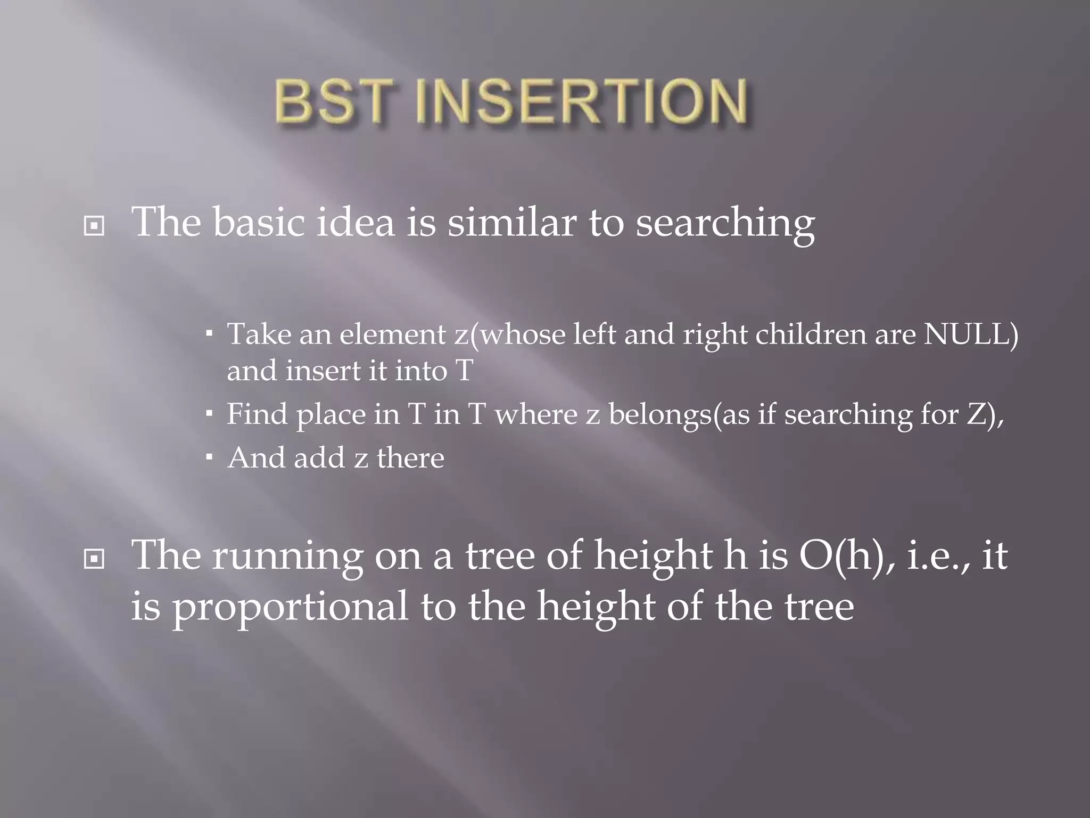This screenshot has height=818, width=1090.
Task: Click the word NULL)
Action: [x=971, y=334]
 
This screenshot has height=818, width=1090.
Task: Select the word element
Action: [x=393, y=334]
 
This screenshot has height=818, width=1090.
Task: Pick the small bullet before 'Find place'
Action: [x=209, y=413]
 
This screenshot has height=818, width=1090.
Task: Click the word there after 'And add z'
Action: [x=410, y=458]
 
